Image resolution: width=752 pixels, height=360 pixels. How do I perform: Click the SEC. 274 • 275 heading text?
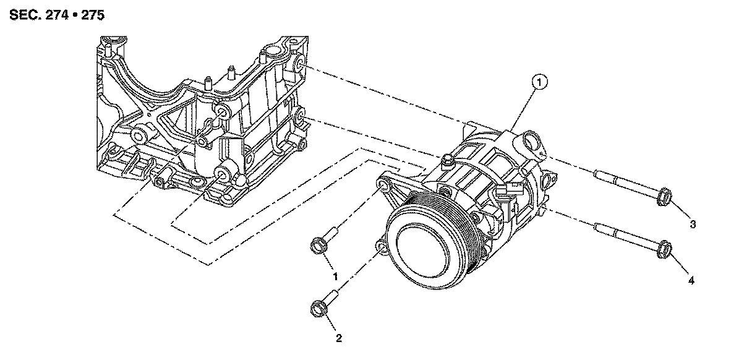56,14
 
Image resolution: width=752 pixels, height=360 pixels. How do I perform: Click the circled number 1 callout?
539,81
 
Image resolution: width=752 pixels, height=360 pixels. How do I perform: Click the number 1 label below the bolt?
336,276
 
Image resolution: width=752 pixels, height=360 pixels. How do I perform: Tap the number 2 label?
338,338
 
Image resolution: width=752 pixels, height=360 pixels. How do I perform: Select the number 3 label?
693,224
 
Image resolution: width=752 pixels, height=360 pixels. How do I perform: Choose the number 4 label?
691,280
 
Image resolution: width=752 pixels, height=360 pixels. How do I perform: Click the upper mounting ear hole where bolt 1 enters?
384,186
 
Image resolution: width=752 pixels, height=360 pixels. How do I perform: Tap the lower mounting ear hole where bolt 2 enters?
382,249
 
